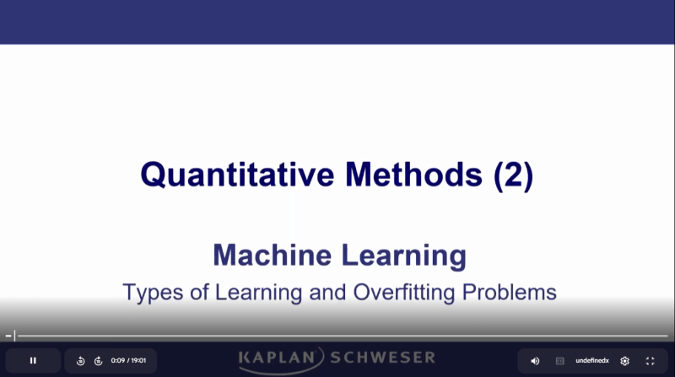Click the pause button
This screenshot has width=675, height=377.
coord(33,360)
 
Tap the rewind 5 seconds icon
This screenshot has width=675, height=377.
coord(81,361)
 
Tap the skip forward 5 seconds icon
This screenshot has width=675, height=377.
coord(98,361)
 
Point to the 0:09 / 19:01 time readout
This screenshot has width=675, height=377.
coord(129,361)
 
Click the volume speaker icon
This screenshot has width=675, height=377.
coord(535,361)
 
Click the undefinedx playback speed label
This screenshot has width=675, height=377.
coord(592,361)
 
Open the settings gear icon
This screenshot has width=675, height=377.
coord(624,361)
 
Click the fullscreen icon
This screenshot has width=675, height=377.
coord(650,361)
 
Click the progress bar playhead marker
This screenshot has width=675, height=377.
coord(14,336)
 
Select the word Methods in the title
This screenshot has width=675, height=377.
coord(413,175)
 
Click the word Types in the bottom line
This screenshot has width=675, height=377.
coord(149,293)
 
